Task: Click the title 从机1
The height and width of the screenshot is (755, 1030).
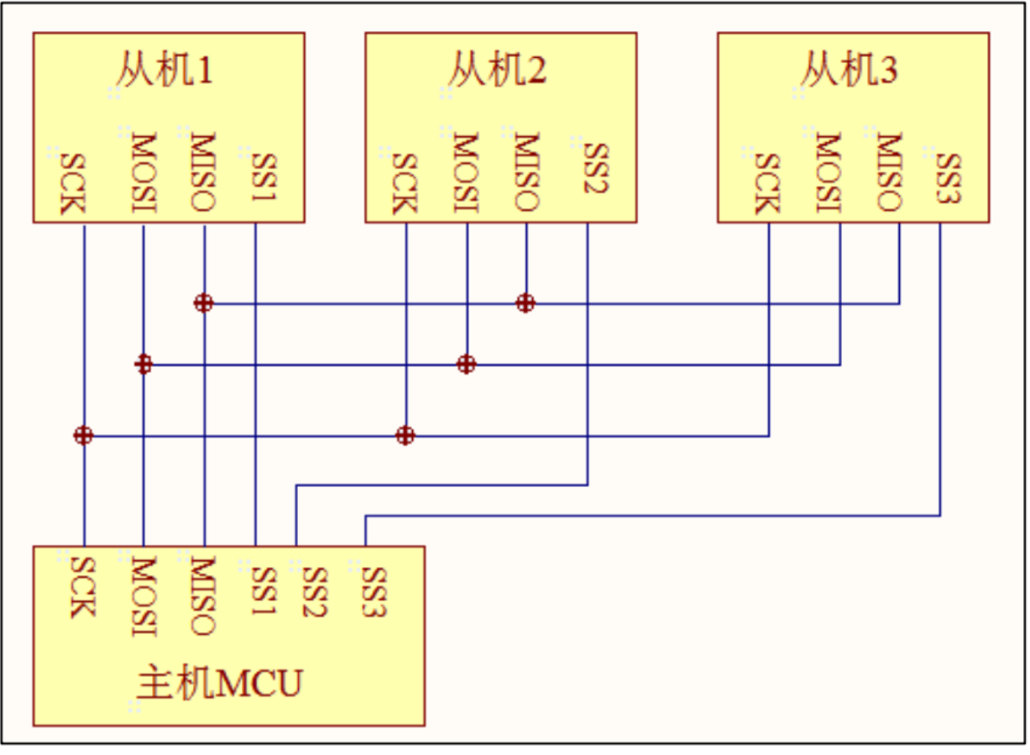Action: click(164, 71)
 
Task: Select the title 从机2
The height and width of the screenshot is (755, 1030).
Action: click(496, 71)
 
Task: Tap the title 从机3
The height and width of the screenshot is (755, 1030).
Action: click(848, 71)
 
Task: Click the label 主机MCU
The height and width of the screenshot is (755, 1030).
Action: click(218, 684)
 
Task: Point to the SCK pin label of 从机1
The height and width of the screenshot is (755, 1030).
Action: click(74, 182)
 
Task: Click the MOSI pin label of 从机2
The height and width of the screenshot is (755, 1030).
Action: click(466, 171)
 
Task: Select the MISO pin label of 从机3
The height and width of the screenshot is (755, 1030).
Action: click(888, 171)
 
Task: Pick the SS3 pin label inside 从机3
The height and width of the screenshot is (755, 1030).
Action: click(949, 177)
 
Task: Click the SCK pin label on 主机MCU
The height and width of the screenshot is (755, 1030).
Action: click(81, 585)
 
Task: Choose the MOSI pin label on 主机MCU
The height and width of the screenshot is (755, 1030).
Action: click(143, 595)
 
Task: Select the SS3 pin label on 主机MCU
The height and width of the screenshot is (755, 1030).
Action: click(374, 590)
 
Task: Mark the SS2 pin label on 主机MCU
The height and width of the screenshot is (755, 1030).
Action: click(313, 590)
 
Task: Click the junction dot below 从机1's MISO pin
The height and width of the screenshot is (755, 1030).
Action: click(203, 303)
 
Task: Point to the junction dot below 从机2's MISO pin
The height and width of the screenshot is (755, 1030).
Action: click(525, 303)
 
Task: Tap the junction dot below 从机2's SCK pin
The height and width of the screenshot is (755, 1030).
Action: click(405, 435)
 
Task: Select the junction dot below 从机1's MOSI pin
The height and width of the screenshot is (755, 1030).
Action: click(144, 364)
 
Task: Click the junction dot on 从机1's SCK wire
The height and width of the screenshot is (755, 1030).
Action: click(83, 435)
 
